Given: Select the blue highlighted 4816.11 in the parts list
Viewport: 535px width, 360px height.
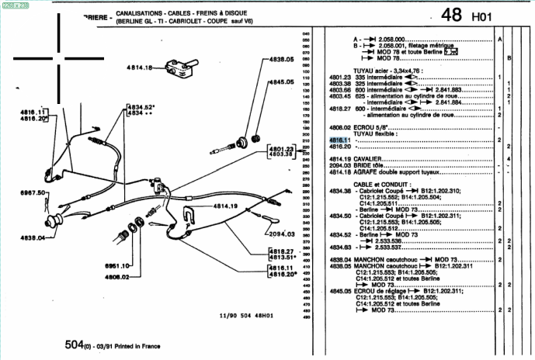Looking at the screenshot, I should pos(340,140).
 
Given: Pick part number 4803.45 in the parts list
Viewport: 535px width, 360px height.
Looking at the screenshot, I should pos(340,96).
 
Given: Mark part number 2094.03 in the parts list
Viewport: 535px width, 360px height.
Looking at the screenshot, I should pos(340,165).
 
